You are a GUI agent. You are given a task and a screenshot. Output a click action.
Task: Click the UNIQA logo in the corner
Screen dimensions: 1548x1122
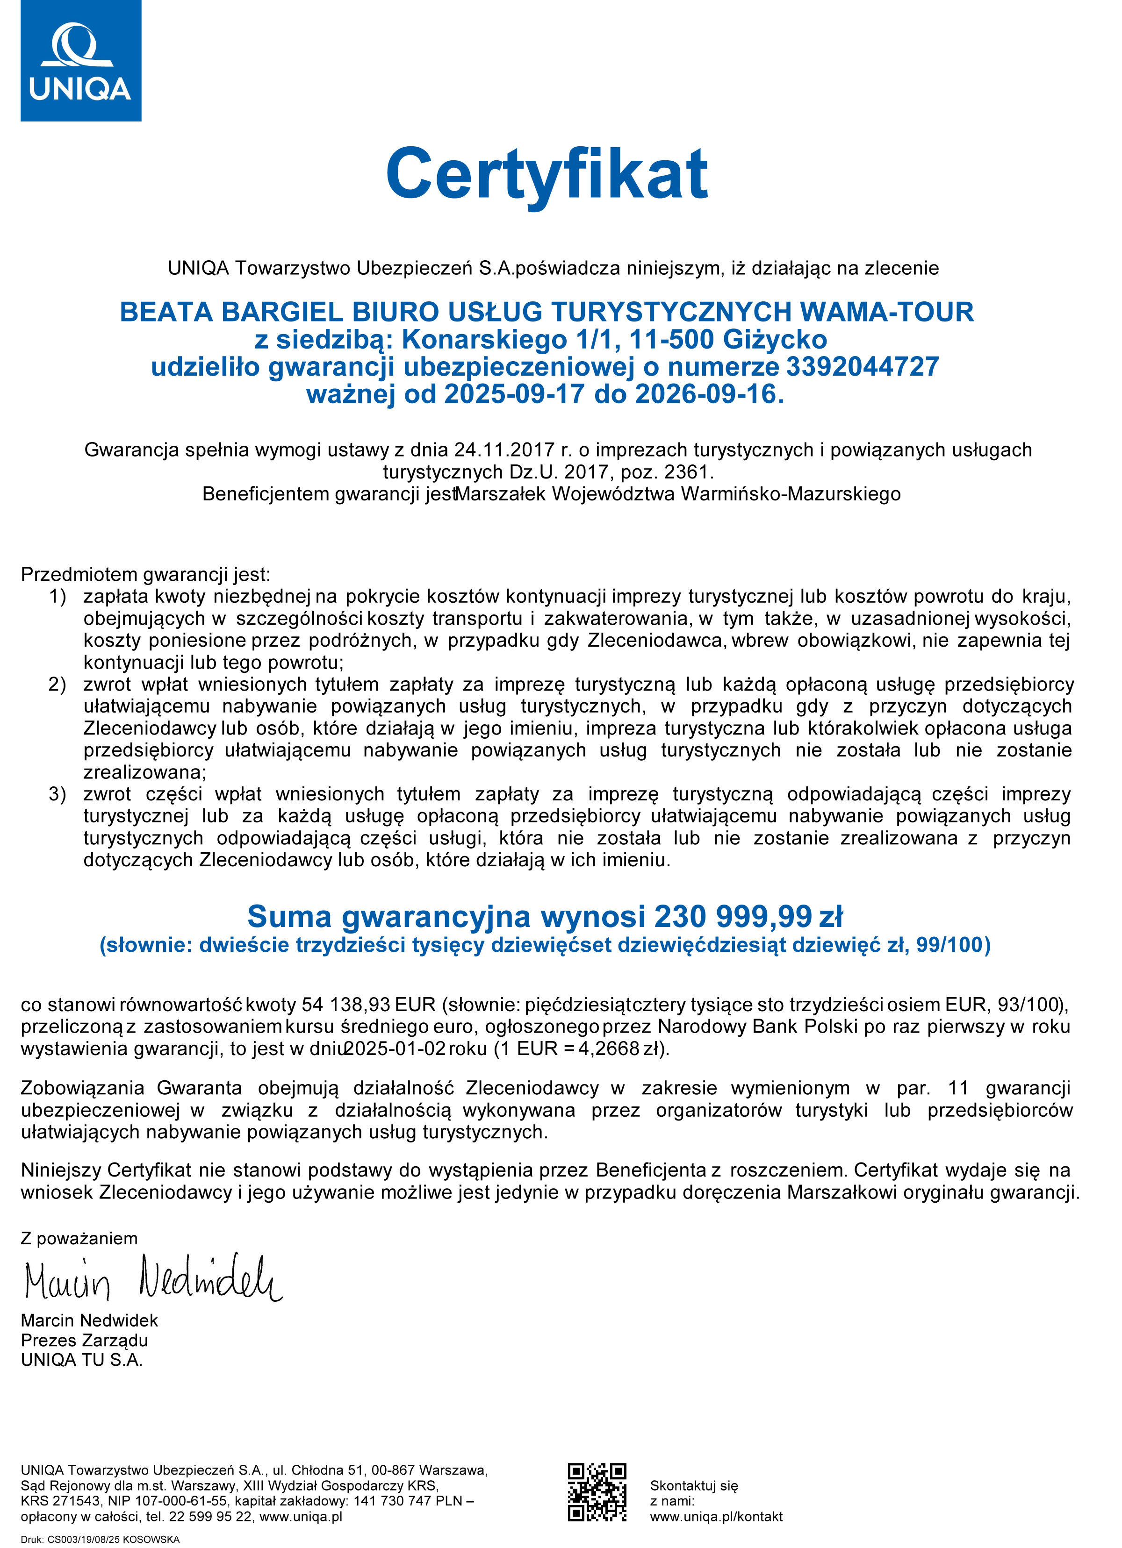80,61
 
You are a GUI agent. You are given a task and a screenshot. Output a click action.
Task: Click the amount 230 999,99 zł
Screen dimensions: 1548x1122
748,916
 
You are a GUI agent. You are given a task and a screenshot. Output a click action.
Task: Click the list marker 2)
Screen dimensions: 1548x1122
58,684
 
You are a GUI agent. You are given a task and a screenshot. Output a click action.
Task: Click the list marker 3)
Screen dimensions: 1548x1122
58,794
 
